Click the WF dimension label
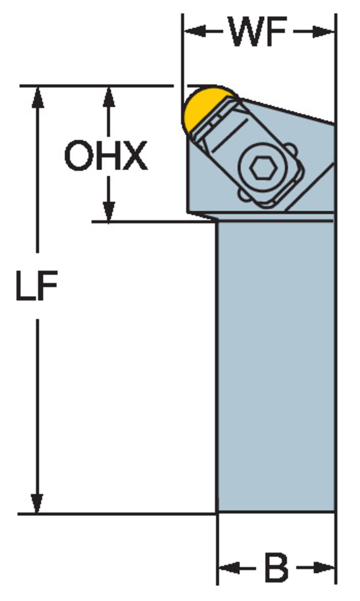257,32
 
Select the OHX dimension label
106,155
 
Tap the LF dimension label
36,285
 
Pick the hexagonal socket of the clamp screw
263,167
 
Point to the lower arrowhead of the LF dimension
37,502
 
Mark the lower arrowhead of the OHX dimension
109,211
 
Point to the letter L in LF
25,285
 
